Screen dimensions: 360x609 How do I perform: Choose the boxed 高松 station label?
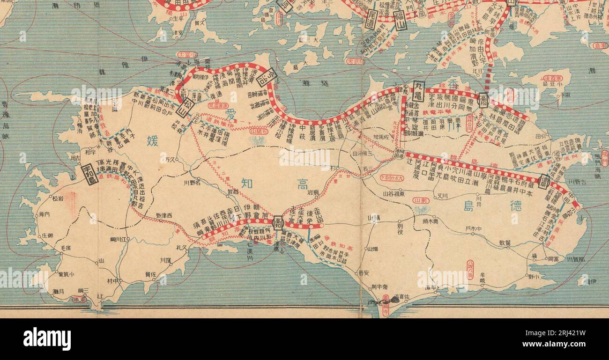tap(483, 100)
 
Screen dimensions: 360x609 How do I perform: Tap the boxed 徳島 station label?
tap(544, 181)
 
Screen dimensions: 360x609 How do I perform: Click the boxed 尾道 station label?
tap(371, 20)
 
